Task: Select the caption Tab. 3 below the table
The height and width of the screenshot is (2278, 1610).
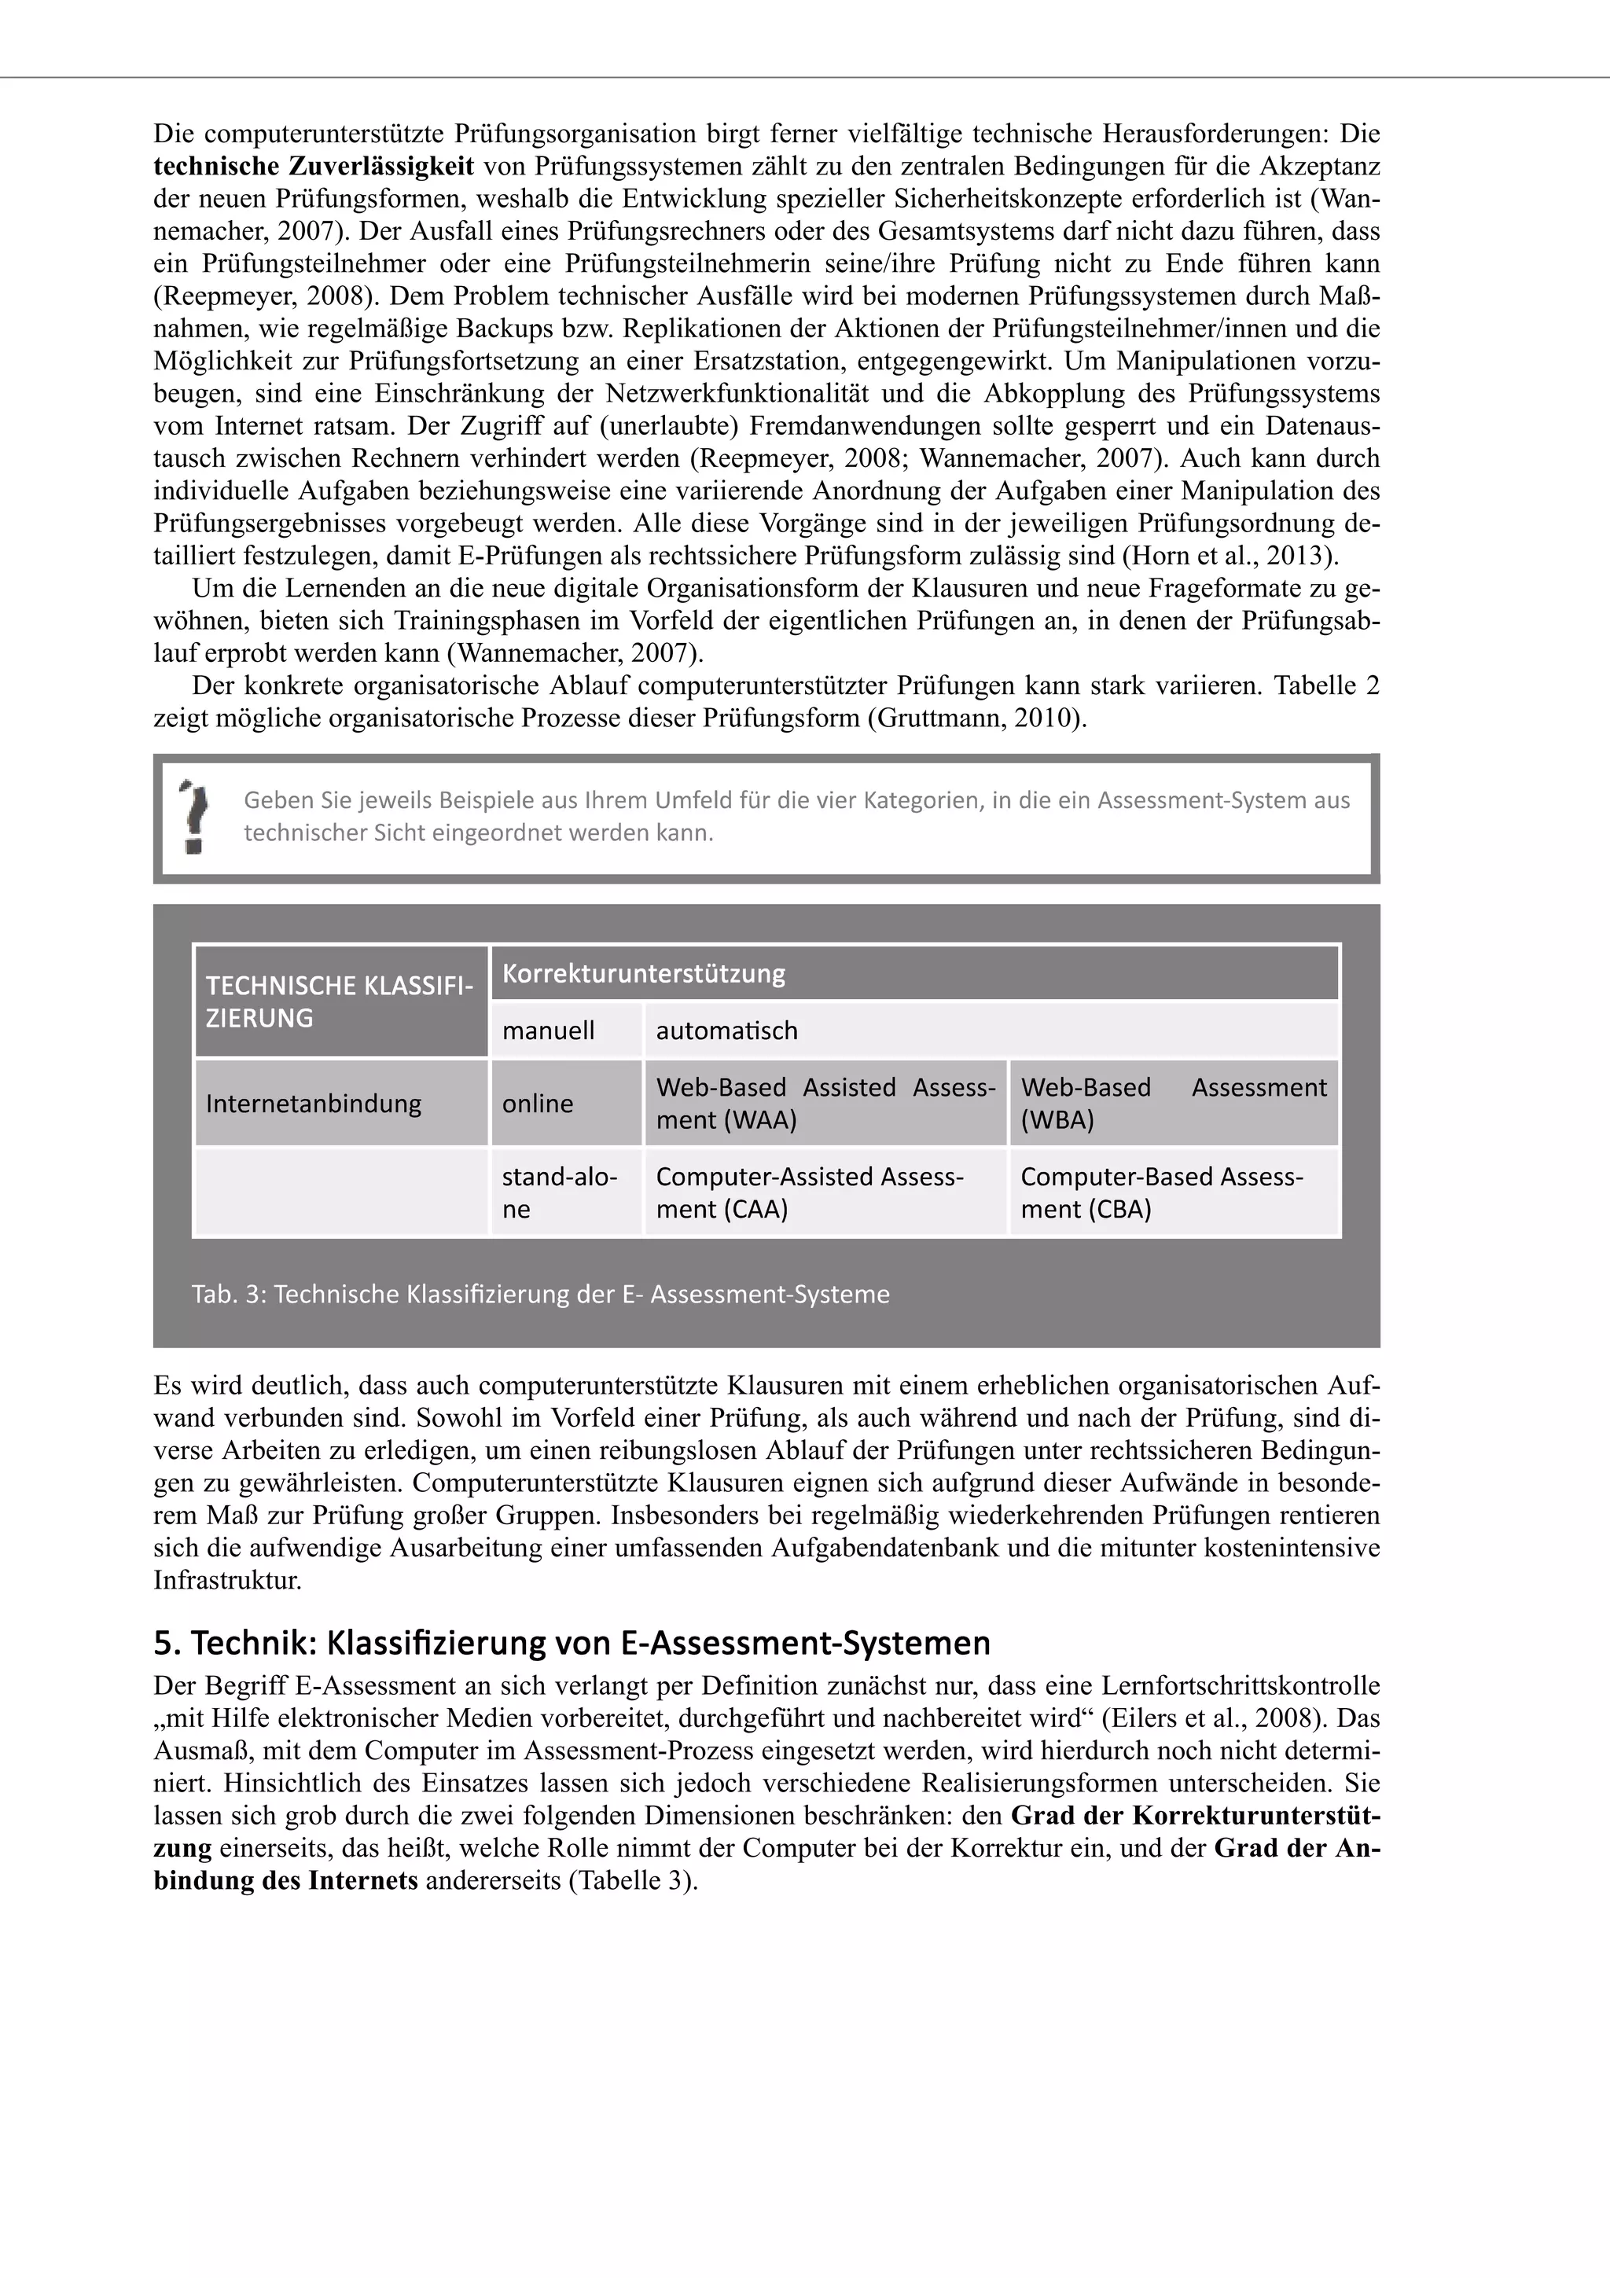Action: click(x=541, y=1295)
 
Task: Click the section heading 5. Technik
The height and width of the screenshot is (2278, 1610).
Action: click(x=572, y=1643)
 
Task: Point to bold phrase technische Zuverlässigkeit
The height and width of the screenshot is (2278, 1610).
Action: click(x=314, y=166)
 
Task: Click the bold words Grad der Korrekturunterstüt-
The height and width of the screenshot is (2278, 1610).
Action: click(x=1196, y=1816)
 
